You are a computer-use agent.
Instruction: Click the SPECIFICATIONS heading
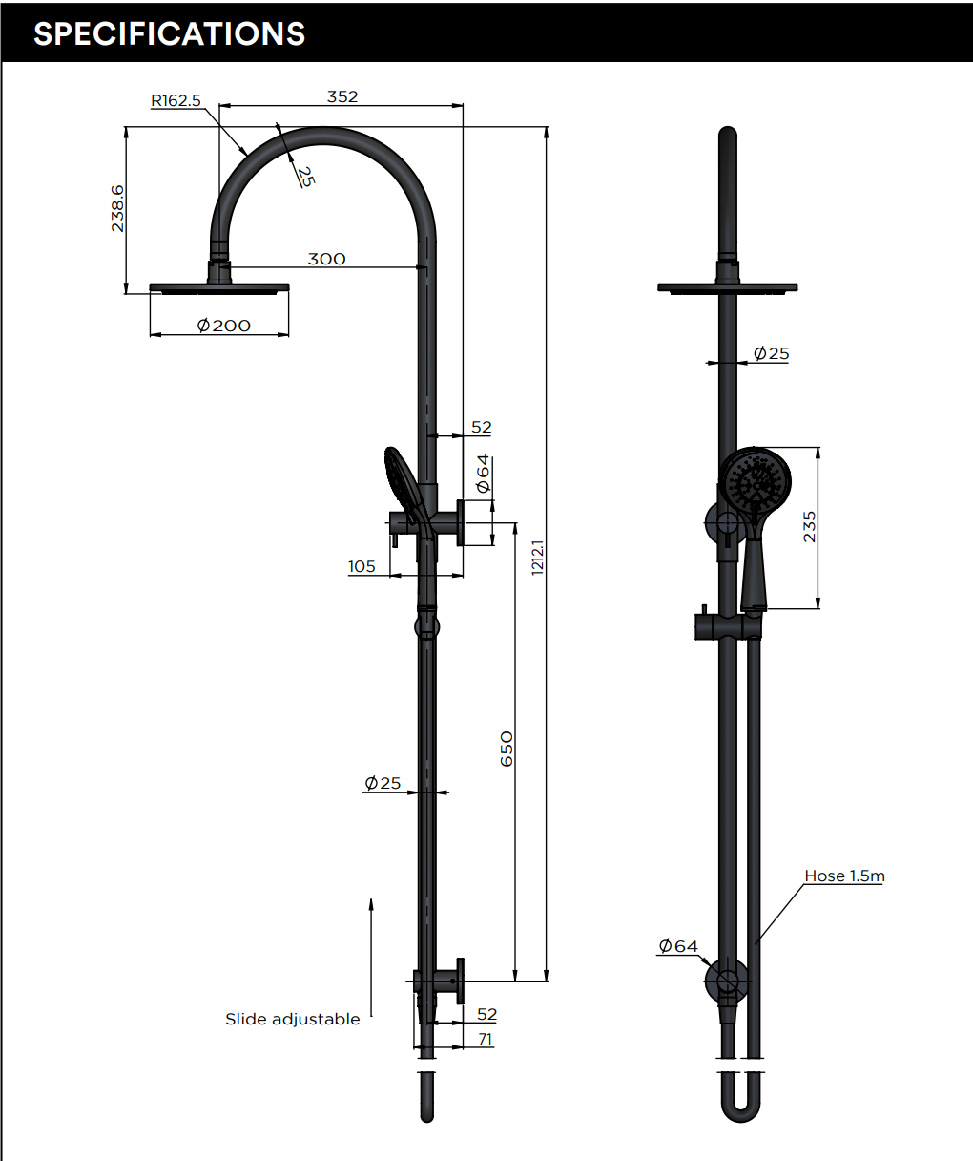(169, 33)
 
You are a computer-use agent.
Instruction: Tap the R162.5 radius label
(176, 101)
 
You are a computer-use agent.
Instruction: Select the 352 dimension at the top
(342, 96)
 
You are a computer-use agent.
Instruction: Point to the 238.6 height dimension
(117, 209)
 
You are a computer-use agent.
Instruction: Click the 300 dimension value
(326, 259)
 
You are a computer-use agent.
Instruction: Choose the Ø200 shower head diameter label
(223, 326)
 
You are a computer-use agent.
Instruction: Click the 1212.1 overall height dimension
(537, 557)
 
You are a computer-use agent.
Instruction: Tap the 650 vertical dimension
(507, 749)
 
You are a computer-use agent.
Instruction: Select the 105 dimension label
(362, 566)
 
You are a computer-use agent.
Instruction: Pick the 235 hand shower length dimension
(809, 527)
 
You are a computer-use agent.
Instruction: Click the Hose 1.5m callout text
(844, 876)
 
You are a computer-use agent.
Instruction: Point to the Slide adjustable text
(292, 1019)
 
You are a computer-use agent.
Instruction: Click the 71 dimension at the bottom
(486, 1039)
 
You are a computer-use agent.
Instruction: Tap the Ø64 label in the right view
(678, 946)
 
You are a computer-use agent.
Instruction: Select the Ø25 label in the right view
(771, 353)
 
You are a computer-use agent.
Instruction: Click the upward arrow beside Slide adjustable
(371, 955)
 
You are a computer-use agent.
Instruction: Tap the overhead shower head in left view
(219, 287)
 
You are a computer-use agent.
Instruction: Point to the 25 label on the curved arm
(304, 176)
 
